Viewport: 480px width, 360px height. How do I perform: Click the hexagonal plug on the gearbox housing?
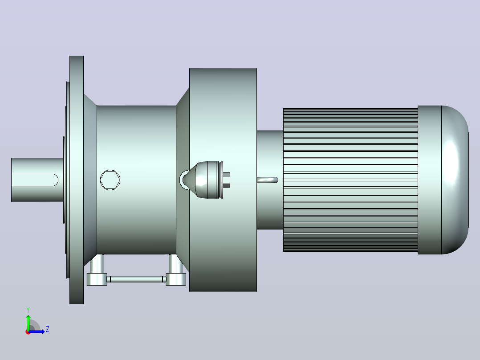110,180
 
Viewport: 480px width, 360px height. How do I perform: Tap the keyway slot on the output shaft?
35,180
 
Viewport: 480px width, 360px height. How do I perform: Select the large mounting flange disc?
77,180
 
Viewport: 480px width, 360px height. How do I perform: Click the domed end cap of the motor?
455,180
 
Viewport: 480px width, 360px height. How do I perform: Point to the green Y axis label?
28,310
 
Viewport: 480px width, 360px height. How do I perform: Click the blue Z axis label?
48,329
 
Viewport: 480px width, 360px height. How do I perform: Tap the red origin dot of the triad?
28,332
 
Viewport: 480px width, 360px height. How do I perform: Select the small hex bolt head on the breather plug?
227,180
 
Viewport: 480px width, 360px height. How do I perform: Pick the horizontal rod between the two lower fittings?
136,279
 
